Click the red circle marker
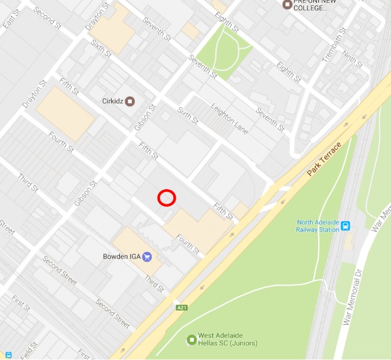(x=167, y=198)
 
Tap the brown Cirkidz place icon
(x=130, y=101)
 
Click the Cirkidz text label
(x=112, y=101)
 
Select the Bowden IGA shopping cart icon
(x=147, y=257)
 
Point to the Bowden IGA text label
(x=122, y=257)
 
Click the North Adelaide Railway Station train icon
(x=345, y=226)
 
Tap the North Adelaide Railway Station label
(x=317, y=226)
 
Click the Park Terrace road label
(x=325, y=159)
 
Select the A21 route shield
(x=181, y=308)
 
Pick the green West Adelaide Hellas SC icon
(x=192, y=339)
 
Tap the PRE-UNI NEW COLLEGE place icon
(x=287, y=5)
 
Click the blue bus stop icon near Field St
(x=9, y=355)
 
